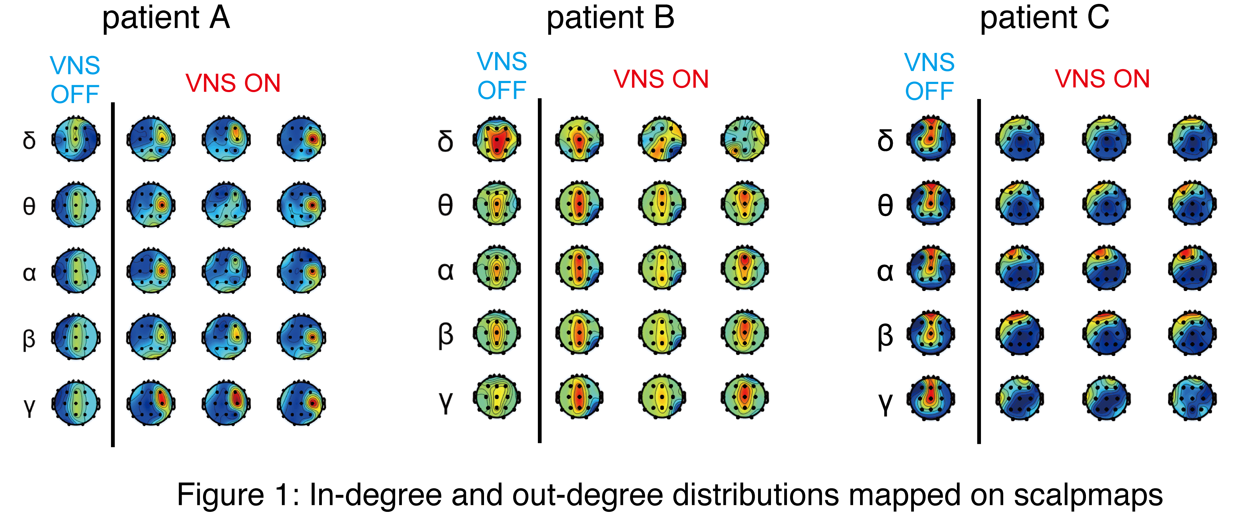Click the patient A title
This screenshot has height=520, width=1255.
pos(166,19)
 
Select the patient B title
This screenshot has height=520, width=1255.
pos(610,19)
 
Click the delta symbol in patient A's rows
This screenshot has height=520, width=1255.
pos(29,140)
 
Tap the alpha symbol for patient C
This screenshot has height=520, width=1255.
pos(885,272)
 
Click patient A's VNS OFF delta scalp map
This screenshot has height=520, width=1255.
pos(76,139)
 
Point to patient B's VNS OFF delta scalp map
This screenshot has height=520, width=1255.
pos(496,139)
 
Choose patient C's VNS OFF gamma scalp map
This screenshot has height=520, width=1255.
pos(930,399)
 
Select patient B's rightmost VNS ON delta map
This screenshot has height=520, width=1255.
pos(745,139)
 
